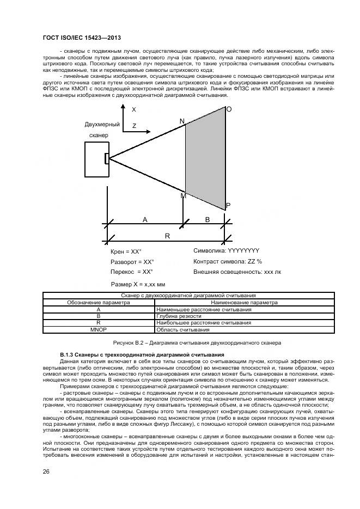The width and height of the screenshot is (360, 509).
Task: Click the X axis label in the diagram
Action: pos(134,109)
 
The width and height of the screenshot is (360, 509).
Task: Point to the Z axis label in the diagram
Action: pos(134,126)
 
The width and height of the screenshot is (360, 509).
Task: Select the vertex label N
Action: pos(182,120)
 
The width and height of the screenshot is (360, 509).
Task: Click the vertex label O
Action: pos(229,109)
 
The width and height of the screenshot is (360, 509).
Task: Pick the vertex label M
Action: pos(183,195)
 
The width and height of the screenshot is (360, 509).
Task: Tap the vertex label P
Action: pos(228,206)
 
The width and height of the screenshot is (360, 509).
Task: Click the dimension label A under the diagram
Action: pos(145,219)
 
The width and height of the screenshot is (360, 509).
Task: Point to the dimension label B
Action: pos(206,219)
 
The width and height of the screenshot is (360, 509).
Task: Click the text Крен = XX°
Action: pos(126,252)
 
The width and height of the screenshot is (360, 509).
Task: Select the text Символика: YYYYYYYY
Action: pos(226,251)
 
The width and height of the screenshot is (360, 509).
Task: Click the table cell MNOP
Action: pos(98,329)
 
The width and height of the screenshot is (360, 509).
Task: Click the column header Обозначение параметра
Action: pos(98,302)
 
